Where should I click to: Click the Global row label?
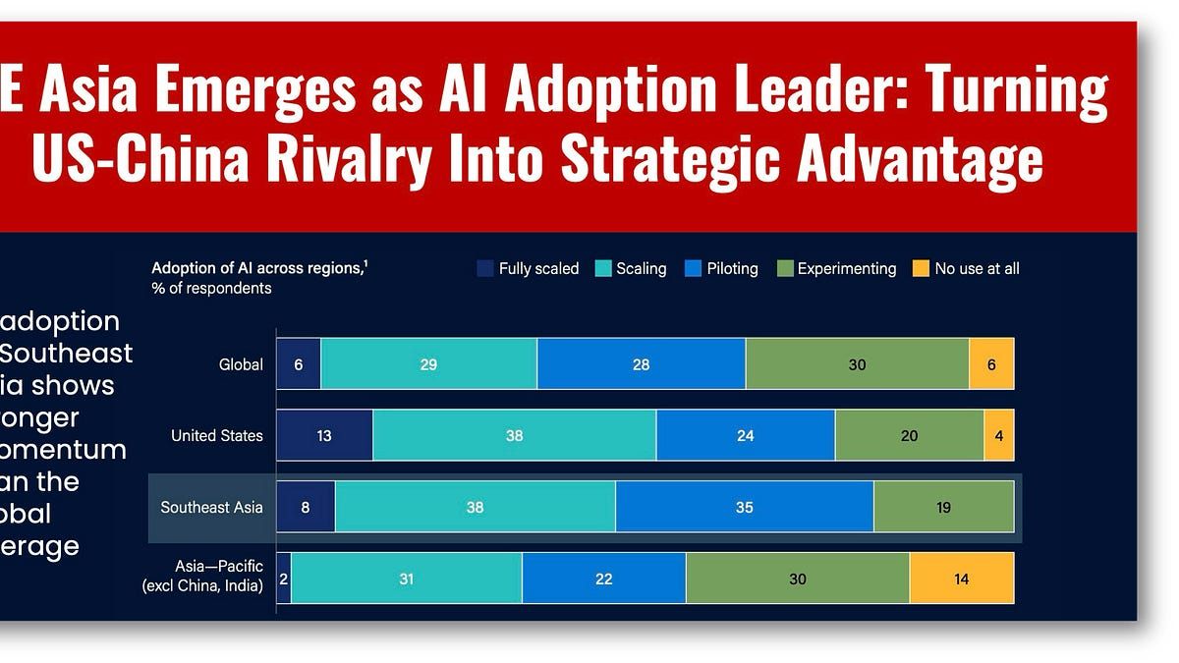(241, 364)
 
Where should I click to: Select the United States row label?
(217, 435)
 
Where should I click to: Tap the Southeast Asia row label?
(211, 508)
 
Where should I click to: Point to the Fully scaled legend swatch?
(485, 268)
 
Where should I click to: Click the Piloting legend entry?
(720, 268)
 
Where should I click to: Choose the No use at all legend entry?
(966, 268)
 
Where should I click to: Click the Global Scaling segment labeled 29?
(428, 364)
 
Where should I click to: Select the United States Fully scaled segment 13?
(324, 435)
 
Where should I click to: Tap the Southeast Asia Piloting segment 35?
(744, 508)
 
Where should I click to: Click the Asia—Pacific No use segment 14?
(961, 579)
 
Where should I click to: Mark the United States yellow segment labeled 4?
(998, 435)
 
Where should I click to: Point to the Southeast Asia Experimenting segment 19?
(943, 508)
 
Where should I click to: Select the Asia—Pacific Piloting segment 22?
(603, 579)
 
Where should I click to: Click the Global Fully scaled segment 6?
(299, 364)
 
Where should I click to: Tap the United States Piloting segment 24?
(745, 435)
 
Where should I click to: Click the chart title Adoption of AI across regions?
(257, 267)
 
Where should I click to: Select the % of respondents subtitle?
(211, 289)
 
